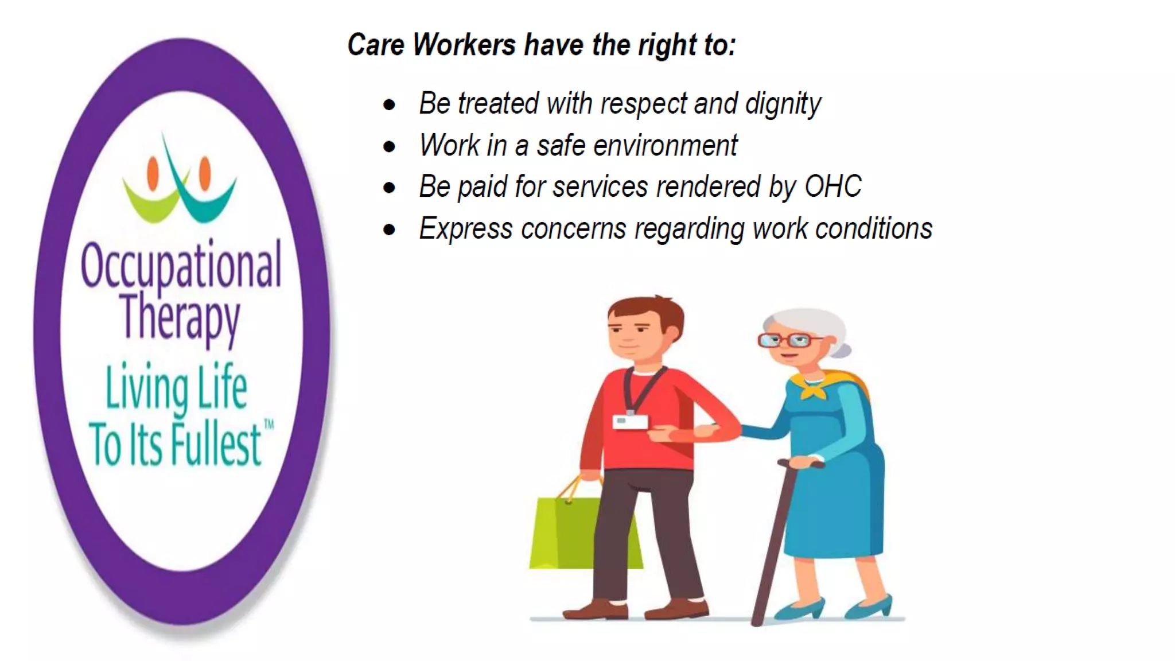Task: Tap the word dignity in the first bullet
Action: point(783,104)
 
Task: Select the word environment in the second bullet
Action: point(665,145)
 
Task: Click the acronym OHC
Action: point(832,186)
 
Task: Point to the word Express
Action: point(465,229)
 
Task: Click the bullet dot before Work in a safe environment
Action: point(390,146)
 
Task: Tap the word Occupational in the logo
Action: point(181,265)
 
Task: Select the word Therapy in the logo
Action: point(180,317)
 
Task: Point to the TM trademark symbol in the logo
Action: point(269,425)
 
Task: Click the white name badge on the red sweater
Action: point(629,422)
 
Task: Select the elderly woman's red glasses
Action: point(789,340)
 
